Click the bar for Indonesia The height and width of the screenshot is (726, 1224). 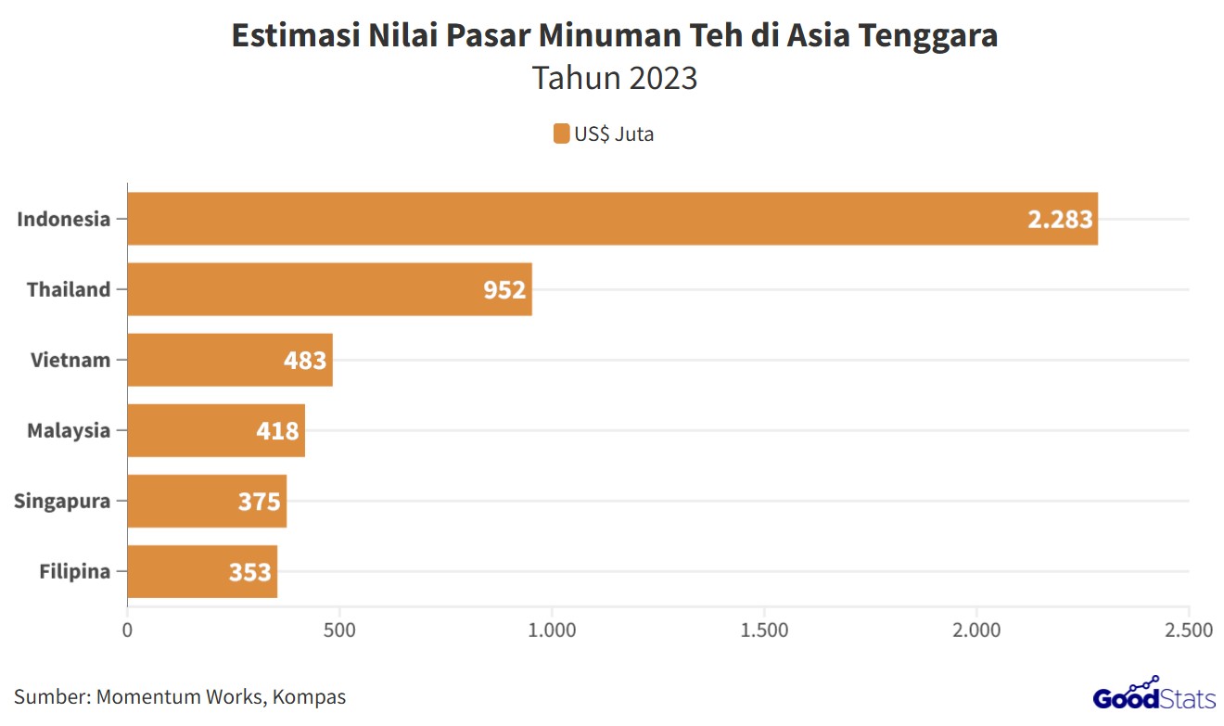click(x=612, y=219)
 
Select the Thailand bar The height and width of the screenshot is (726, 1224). click(x=329, y=289)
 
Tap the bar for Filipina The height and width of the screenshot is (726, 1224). click(x=202, y=571)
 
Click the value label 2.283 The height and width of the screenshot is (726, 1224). click(x=1060, y=220)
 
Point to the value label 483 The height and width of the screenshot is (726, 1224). click(x=305, y=360)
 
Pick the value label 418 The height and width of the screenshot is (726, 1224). click(x=277, y=430)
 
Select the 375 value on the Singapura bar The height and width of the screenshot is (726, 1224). click(x=259, y=501)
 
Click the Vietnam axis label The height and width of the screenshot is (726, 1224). click(x=70, y=360)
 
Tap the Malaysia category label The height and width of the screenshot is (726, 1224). click(x=69, y=430)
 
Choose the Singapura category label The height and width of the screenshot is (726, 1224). click(x=62, y=501)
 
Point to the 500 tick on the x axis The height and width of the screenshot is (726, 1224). click(x=339, y=630)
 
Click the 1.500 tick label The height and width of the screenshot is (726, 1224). click(x=764, y=630)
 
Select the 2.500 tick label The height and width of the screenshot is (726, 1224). click(x=1188, y=630)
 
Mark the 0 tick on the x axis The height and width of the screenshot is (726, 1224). click(x=127, y=630)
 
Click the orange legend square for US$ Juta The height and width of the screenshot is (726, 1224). click(x=561, y=134)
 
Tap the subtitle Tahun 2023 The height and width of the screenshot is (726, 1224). click(x=614, y=78)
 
